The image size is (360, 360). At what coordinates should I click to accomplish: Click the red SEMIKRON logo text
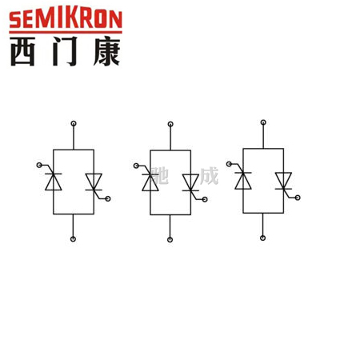[x=66, y=19]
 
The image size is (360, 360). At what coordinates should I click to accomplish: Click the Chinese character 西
[x=22, y=51]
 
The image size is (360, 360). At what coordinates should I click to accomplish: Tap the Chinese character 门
[x=65, y=51]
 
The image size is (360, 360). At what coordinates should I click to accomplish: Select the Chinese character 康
[x=106, y=51]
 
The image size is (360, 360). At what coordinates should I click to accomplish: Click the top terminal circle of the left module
[x=74, y=123]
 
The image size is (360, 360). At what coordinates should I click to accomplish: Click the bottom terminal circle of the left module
[x=73, y=239]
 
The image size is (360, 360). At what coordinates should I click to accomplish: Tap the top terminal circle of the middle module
[x=170, y=124]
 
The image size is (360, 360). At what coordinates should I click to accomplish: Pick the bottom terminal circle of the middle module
[x=170, y=240]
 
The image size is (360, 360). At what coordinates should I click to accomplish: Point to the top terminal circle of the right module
[x=263, y=122]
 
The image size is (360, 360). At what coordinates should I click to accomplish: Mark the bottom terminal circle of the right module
[x=262, y=238]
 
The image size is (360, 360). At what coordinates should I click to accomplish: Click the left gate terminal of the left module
[x=39, y=166]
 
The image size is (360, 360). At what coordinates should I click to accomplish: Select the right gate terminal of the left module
[x=108, y=198]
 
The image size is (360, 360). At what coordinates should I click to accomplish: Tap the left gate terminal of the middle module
[x=136, y=166]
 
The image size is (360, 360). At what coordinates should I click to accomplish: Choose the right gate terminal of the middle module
[x=205, y=199]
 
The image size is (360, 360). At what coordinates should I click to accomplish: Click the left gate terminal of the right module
[x=229, y=164]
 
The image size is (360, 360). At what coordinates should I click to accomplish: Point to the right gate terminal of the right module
[x=298, y=198]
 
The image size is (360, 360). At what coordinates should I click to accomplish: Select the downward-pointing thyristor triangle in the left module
[x=94, y=180]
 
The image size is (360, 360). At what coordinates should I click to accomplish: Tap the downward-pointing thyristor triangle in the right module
[x=283, y=179]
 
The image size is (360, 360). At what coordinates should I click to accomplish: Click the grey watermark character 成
[x=210, y=176]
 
